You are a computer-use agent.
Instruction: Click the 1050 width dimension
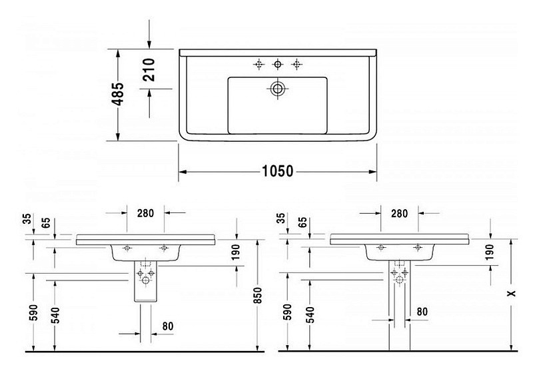click(x=277, y=171)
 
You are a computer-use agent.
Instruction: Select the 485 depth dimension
click(x=119, y=94)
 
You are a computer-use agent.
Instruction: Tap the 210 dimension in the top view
click(x=149, y=70)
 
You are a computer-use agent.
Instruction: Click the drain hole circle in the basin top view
click(x=278, y=89)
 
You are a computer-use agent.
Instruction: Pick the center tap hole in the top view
click(x=278, y=64)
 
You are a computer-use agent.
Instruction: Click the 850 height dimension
click(x=258, y=296)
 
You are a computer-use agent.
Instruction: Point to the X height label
click(x=511, y=293)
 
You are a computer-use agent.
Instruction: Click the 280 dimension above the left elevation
click(x=145, y=213)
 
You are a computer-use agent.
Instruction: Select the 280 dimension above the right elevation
click(x=399, y=213)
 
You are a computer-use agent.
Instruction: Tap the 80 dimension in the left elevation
click(x=168, y=326)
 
